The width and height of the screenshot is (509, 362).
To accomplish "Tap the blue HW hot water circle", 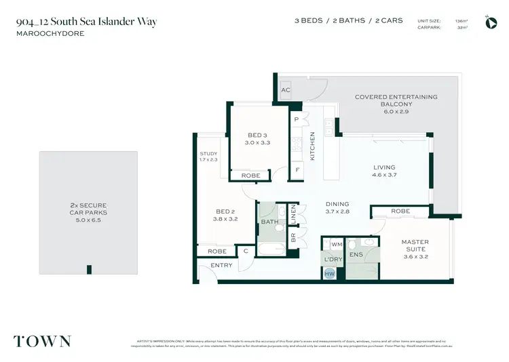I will coord(330,273).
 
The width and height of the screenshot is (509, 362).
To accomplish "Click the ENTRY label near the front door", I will coord(221,265).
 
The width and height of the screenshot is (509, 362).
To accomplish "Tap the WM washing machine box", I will coord(337,244).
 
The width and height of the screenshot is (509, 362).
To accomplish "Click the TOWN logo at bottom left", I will coord(42,340).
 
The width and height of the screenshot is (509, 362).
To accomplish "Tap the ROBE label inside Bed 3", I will coord(251,176).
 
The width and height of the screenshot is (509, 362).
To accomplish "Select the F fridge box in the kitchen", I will coord(297,170).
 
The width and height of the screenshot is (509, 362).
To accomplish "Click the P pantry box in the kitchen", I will coord(297,119).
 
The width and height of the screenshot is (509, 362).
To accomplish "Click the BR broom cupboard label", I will coord(293,237).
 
